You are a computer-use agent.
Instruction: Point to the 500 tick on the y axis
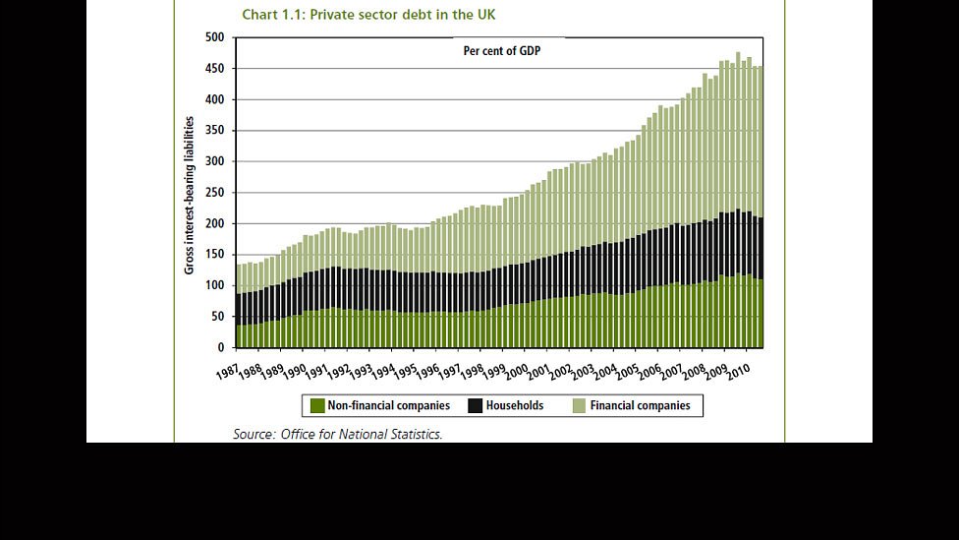pos(216,37)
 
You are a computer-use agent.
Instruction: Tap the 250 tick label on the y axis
pos(216,193)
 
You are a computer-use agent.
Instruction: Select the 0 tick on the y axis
pos(221,348)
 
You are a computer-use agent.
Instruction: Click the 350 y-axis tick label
pos(216,131)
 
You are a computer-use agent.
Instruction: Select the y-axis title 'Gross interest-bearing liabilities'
pos(190,195)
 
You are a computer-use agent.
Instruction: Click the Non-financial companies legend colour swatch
pos(317,405)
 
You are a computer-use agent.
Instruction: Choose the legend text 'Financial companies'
pos(641,405)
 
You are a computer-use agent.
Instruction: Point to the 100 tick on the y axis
pos(216,286)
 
